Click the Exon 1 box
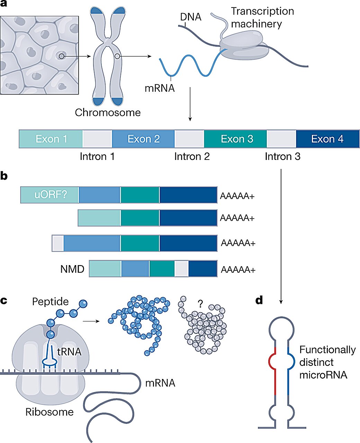point(51,139)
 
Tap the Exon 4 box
point(327,139)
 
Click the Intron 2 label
point(192,156)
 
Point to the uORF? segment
point(50,195)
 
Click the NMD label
point(72,269)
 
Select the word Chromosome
point(108,112)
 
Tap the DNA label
point(190,17)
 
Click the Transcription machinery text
point(262,17)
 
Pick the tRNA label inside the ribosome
point(69,352)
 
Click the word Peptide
point(50,301)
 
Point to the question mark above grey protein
point(200,304)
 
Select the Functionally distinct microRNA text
point(327,362)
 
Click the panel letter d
point(259,300)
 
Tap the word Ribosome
point(49,412)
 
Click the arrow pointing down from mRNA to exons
point(190,104)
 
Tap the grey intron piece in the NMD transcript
point(181,269)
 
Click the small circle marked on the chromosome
point(117,56)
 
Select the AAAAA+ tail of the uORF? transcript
point(237,197)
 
